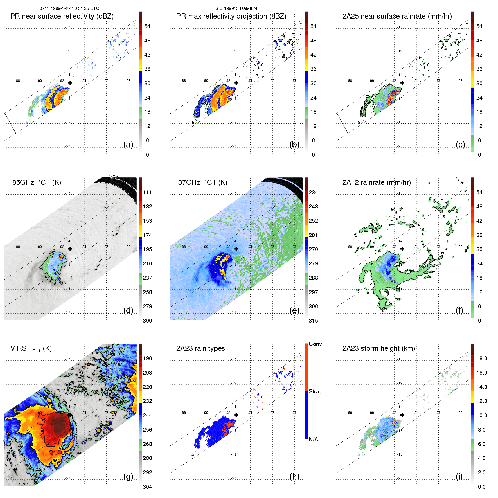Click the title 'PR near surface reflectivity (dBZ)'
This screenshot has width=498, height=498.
(x=62, y=16)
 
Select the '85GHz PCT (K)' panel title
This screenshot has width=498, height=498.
(x=37, y=182)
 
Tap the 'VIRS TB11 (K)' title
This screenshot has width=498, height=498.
(x=31, y=349)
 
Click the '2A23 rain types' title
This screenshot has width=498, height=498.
(x=200, y=349)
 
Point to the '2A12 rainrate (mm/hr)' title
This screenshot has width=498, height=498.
(x=377, y=182)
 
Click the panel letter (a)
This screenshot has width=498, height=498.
(x=128, y=144)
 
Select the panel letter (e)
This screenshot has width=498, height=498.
(x=294, y=310)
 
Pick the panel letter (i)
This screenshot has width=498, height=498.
(x=459, y=476)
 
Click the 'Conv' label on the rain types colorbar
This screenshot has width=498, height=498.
(x=315, y=344)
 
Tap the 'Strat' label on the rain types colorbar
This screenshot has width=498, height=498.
(x=315, y=391)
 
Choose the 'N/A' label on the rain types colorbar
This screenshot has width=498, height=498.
(x=314, y=439)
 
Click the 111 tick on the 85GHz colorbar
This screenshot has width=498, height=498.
(x=147, y=193)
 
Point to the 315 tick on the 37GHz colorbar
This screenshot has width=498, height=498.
(x=313, y=321)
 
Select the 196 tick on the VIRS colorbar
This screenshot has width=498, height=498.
(x=147, y=359)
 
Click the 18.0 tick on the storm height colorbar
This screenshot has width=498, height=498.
(x=481, y=359)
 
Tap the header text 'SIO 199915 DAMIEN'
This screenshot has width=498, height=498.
(x=236, y=8)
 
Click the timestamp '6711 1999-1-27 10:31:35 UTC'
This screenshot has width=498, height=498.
(x=69, y=8)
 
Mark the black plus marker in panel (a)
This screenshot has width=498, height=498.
(x=70, y=83)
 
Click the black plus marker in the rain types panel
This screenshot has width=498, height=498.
(x=236, y=415)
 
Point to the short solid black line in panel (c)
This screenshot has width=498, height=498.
(x=342, y=123)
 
